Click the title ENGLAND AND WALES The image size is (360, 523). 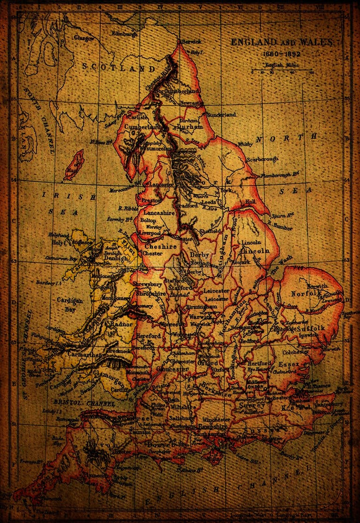coord(281,42)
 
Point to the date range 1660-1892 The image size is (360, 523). coord(281,53)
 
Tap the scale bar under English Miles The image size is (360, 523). coord(282,72)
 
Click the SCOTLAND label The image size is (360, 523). coord(118,68)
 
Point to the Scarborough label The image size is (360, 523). coord(263,159)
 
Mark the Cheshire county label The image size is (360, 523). coord(161,246)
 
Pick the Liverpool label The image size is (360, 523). coord(150,233)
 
